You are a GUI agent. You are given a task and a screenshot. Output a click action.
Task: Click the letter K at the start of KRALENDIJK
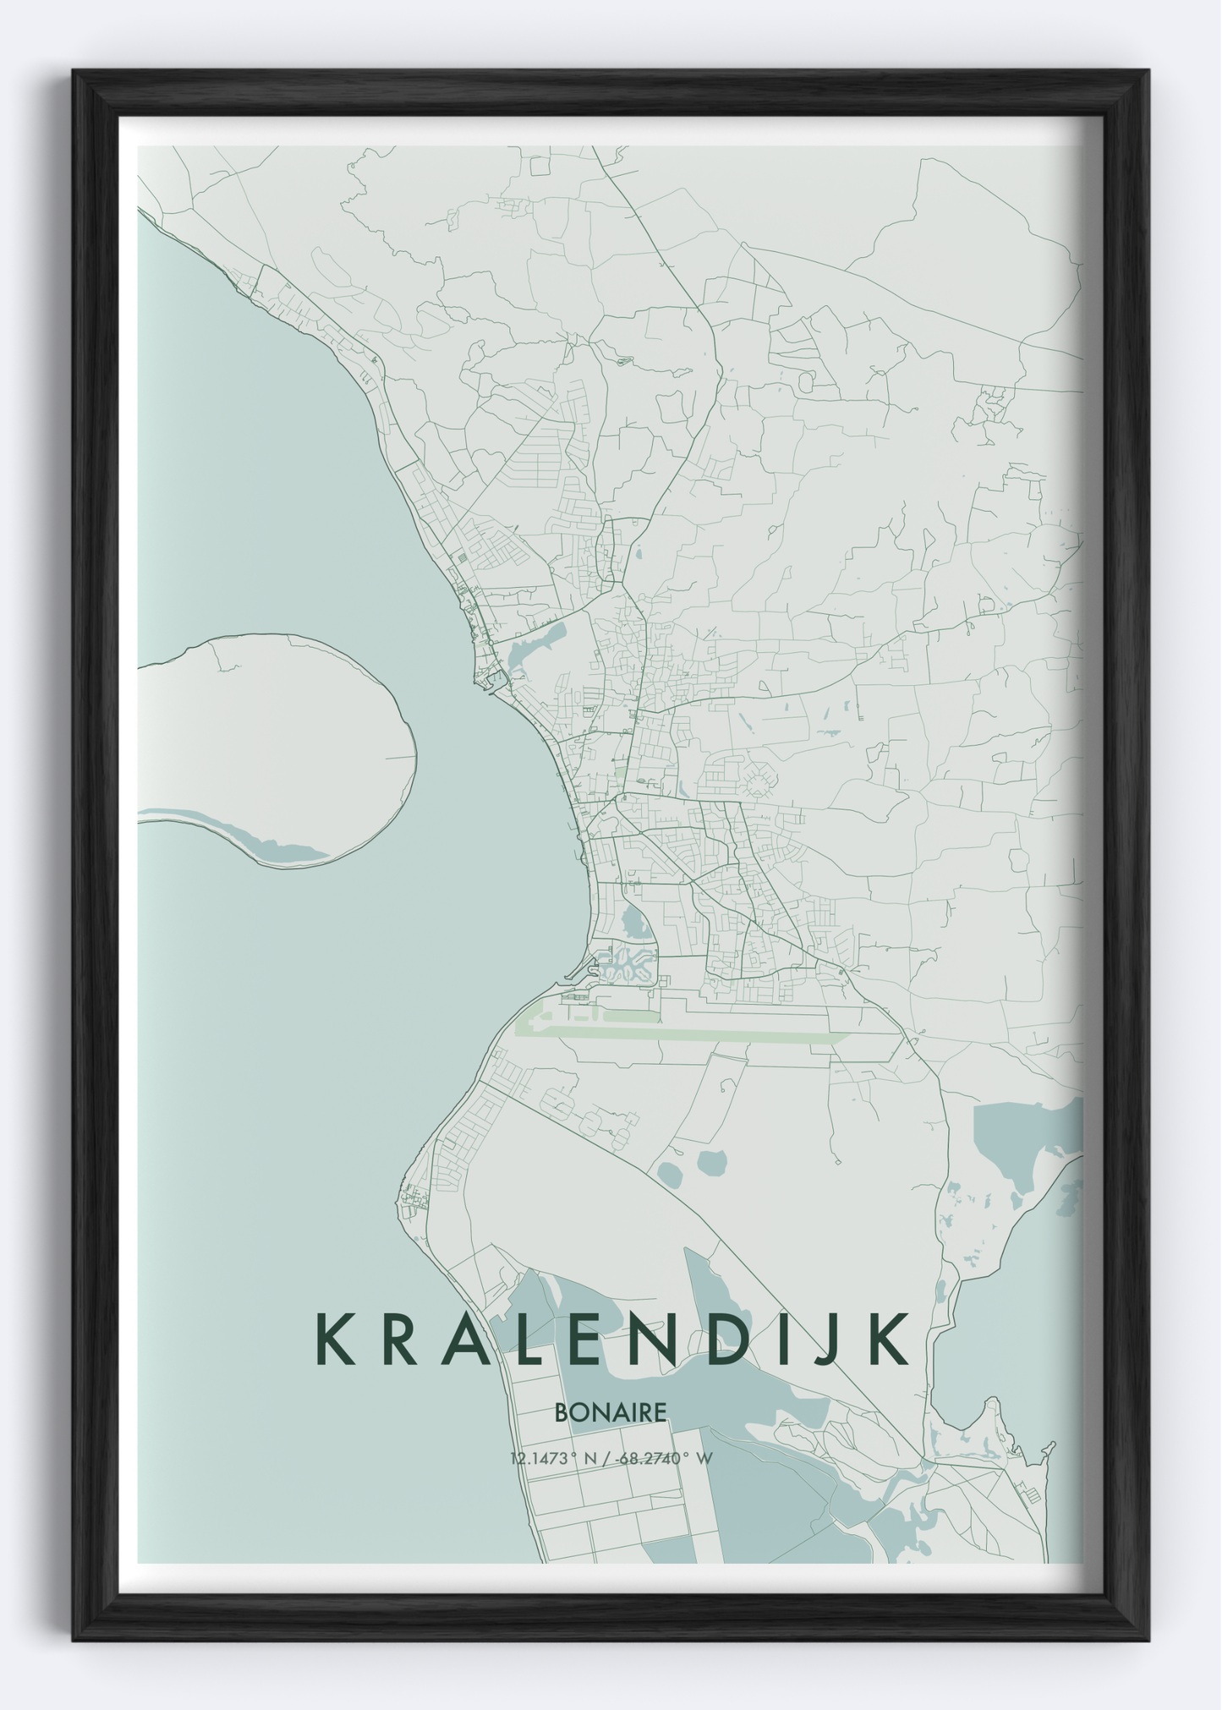pyautogui.click(x=334, y=1340)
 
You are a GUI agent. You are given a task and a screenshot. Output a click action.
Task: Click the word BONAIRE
pyautogui.click(x=611, y=1412)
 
